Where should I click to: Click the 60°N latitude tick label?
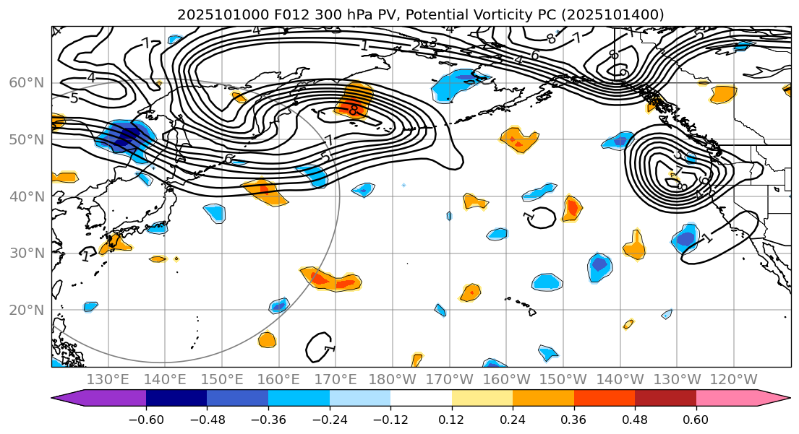point(26,82)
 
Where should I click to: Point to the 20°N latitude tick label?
point(26,311)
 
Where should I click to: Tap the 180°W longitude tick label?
point(392,380)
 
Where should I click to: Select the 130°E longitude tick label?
point(108,380)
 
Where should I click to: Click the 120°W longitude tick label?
point(734,380)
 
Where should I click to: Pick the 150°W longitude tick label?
point(563,380)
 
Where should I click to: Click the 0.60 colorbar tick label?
point(696,420)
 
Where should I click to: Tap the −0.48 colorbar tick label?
point(207,420)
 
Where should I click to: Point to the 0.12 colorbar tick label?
point(452,420)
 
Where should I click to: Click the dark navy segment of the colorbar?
point(176,399)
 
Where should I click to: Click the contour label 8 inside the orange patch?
point(353,110)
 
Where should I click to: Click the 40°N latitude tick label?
point(26,196)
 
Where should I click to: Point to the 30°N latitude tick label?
point(26,253)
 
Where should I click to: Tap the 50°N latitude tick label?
point(26,139)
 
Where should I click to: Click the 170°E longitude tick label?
point(336,380)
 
